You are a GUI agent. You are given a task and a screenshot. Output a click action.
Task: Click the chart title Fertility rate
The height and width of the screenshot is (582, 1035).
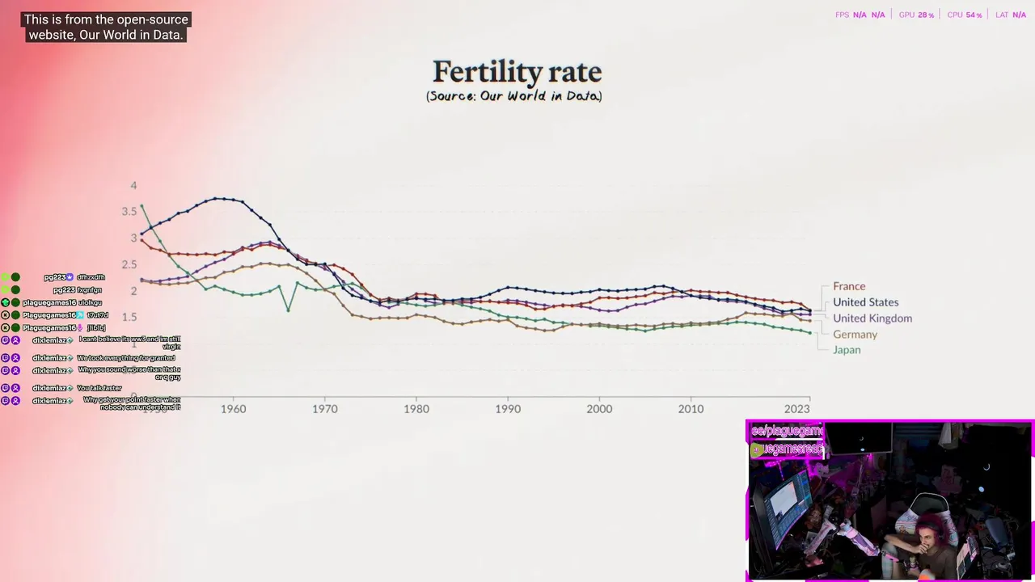click(517, 72)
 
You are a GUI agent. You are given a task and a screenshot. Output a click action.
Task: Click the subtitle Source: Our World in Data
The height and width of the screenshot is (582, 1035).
click(514, 96)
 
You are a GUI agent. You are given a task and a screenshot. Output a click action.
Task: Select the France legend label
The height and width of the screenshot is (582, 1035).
click(849, 286)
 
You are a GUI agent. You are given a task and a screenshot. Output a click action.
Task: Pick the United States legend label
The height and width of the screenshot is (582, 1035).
click(865, 302)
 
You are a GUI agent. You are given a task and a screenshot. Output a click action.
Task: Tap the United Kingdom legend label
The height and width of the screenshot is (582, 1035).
click(872, 318)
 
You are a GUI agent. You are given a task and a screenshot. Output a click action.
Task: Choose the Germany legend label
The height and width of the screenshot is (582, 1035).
click(855, 335)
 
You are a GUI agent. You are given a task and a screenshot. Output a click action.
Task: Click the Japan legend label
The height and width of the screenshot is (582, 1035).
click(847, 350)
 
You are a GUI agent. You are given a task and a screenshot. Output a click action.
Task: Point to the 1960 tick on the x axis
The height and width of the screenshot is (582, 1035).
click(234, 409)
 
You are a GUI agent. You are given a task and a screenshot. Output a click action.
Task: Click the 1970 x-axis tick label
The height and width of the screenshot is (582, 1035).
click(325, 409)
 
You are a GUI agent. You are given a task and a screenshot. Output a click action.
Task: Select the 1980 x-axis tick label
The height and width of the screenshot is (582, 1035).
click(416, 409)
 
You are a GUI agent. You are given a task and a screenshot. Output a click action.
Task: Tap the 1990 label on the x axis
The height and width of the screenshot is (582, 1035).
click(508, 409)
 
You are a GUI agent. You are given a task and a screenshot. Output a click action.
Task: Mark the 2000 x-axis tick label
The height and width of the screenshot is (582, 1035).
click(599, 409)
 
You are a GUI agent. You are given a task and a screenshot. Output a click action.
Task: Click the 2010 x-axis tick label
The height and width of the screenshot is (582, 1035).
click(691, 409)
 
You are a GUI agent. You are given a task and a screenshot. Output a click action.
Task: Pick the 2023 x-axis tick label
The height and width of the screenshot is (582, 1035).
click(796, 409)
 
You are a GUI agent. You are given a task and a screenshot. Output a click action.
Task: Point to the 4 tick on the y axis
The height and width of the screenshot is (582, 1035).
click(134, 186)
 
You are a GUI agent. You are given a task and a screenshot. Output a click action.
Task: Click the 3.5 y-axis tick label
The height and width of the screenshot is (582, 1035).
click(129, 212)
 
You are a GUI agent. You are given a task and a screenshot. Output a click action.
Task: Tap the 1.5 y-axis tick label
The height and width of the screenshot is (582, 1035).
click(129, 317)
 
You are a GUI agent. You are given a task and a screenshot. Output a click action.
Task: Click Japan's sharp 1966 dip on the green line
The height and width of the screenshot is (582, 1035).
click(288, 310)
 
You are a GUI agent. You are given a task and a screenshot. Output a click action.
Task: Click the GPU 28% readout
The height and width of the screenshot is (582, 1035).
click(916, 15)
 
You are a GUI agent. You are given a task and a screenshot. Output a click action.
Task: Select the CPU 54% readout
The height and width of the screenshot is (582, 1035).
click(965, 15)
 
